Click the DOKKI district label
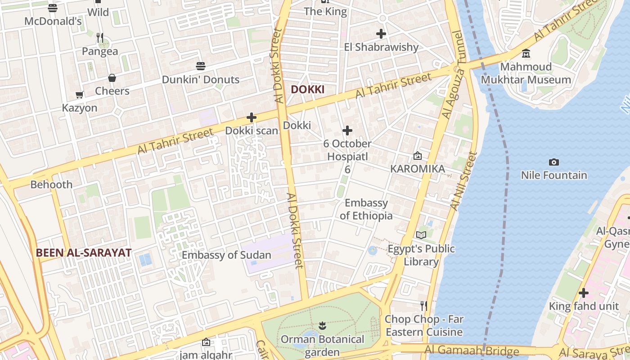(x=307, y=89)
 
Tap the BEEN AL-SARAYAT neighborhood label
(x=83, y=253)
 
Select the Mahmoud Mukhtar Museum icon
(x=526, y=54)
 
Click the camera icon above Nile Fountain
(x=554, y=162)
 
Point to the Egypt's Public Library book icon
(x=421, y=235)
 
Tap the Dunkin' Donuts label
(x=200, y=80)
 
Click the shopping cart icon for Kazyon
(x=80, y=94)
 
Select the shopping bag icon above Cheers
(x=112, y=78)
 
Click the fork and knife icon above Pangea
(x=100, y=38)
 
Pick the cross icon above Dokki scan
(x=252, y=118)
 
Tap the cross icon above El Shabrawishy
(x=381, y=34)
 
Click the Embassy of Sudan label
(x=226, y=255)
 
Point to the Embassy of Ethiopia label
(x=366, y=209)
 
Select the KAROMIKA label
(x=417, y=169)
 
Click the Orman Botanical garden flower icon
(x=322, y=325)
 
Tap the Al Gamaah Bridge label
(x=472, y=350)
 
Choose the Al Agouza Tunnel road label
(x=452, y=74)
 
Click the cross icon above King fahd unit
(x=583, y=293)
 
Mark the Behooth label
(x=51, y=184)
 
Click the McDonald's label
(x=53, y=21)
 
